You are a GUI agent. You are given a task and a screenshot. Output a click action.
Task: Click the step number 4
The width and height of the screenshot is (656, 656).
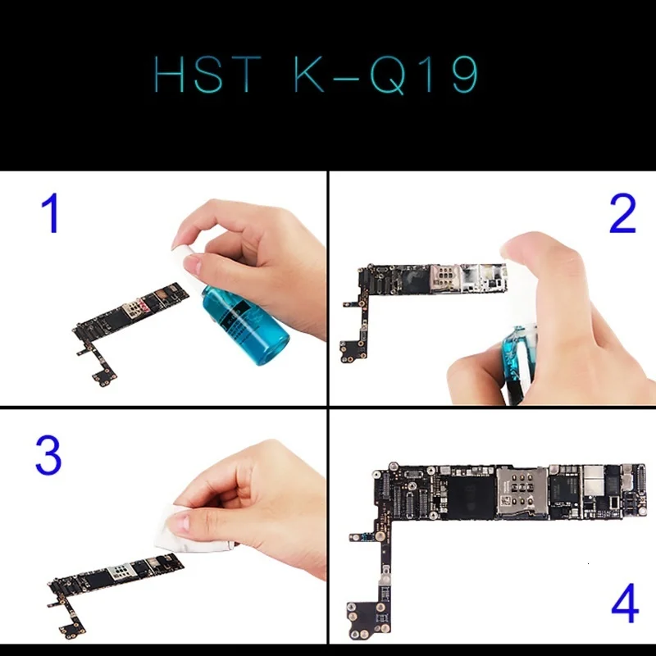pos(624,607)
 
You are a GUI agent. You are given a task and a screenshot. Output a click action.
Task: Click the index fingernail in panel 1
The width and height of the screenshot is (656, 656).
pos(194,265)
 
